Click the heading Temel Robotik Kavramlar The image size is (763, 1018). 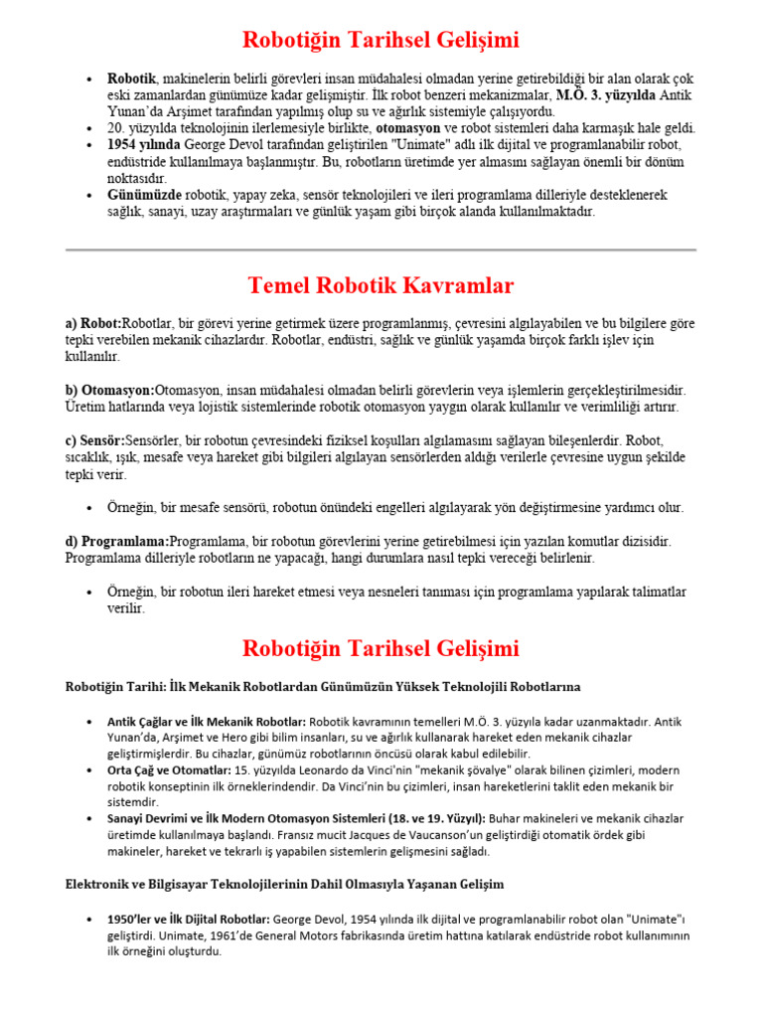click(381, 286)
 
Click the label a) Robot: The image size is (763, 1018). click(93, 324)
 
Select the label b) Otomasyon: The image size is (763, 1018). click(110, 391)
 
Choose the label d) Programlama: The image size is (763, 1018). click(117, 542)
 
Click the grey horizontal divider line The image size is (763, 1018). click(381, 250)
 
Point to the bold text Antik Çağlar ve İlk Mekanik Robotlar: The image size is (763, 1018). click(207, 721)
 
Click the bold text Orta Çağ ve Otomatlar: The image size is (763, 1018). click(168, 770)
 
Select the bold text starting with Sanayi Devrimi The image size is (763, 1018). click(293, 818)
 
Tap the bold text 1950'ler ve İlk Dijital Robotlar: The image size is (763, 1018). click(188, 920)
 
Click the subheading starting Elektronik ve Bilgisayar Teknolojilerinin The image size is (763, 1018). click(284, 884)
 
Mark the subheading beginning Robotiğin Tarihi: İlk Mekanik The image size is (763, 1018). click(323, 687)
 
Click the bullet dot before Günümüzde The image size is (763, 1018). click(90, 195)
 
